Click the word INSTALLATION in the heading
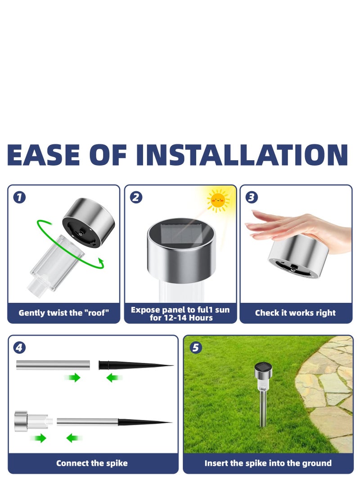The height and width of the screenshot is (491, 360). (242, 155)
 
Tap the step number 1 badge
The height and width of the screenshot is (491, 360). (19, 197)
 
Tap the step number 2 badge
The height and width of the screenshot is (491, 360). (136, 197)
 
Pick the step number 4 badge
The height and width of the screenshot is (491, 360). (19, 347)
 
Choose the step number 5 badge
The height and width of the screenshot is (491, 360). (195, 347)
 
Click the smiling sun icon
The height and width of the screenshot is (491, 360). (218, 200)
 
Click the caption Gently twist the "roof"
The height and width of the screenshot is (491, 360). (63, 313)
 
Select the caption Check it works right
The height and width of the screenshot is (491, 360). (295, 313)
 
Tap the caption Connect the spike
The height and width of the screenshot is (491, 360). (92, 463)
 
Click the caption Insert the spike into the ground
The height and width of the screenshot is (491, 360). (268, 463)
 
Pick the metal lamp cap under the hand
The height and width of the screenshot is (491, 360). (298, 257)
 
